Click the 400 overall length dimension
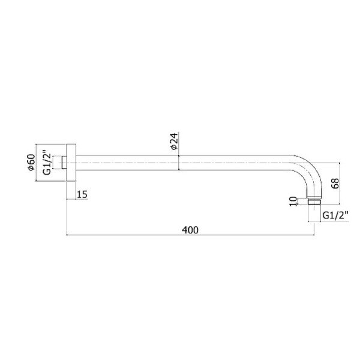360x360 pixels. coord(190,230)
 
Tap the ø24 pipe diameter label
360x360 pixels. coord(174,141)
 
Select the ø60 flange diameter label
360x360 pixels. coord(31,163)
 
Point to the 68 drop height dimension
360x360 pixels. coord(335,184)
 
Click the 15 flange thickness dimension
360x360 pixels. coord(82,194)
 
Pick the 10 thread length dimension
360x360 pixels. coord(293,202)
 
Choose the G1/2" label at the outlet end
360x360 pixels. coord(335,215)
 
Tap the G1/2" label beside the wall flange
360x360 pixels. coord(47,163)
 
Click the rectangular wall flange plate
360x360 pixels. coord(71,163)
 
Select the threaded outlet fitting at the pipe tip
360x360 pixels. coord(314,201)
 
